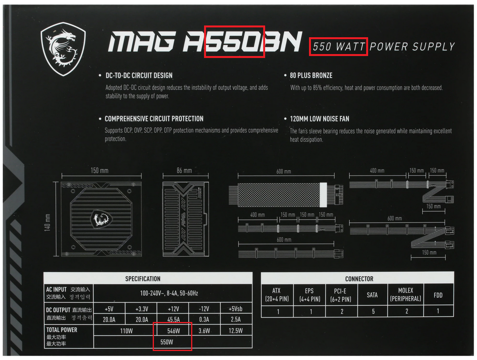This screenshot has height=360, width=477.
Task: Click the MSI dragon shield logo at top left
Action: tap(63, 48)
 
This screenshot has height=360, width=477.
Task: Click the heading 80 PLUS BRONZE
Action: tap(311, 75)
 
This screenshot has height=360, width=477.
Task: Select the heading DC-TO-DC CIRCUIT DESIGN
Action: tap(139, 75)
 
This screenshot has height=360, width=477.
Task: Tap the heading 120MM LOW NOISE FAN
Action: tap(319, 119)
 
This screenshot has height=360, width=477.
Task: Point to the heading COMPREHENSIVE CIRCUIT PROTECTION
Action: tap(154, 119)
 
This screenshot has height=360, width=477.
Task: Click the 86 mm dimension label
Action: tap(184, 170)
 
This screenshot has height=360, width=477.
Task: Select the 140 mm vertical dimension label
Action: tap(47, 222)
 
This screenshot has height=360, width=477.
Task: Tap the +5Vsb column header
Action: tap(236, 308)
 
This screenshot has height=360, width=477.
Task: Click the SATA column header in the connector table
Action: tap(372, 295)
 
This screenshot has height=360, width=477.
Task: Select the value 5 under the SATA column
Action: tap(373, 311)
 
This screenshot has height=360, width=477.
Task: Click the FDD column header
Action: tap(438, 295)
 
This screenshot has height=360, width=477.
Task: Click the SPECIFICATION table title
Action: tap(143, 279)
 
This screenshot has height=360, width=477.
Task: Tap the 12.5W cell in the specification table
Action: tap(236, 331)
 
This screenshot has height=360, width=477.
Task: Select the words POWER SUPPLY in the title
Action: tap(412, 47)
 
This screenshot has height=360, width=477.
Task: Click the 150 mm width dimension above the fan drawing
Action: tap(99, 170)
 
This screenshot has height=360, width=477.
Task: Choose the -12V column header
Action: tap(204, 308)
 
